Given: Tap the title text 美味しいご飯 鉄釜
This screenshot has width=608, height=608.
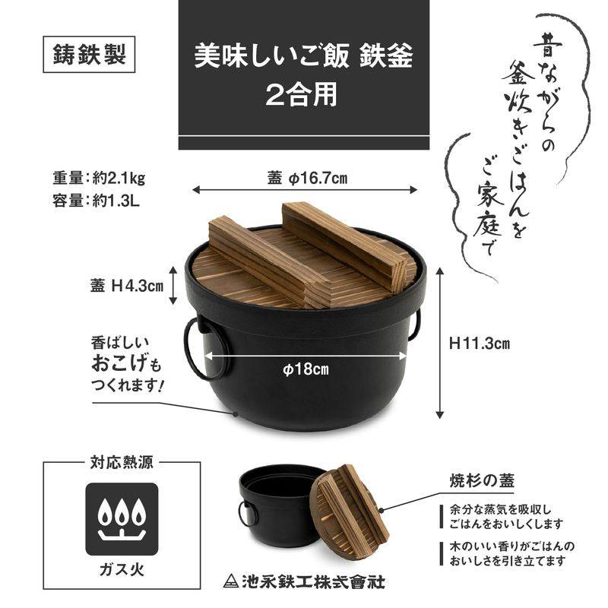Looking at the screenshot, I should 306,58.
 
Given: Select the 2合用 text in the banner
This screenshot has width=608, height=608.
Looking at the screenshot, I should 306,94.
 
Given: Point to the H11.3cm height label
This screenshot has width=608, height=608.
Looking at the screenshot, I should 479,344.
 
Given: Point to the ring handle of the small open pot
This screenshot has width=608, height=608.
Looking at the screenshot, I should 247,514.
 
